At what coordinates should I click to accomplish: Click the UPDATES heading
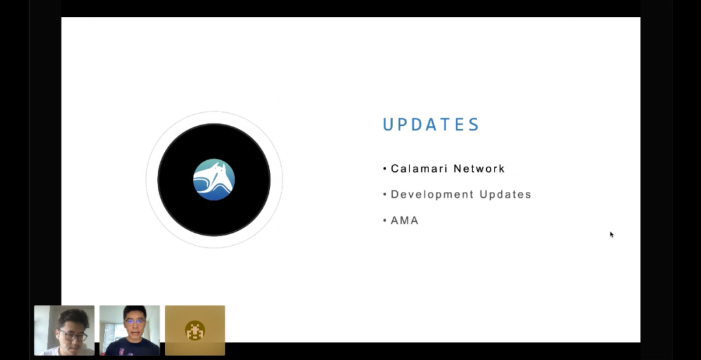click(431, 125)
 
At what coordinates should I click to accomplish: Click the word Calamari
click(419, 169)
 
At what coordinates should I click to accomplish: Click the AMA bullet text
click(404, 220)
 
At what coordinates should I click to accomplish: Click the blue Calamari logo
click(214, 180)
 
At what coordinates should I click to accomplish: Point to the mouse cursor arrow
click(611, 235)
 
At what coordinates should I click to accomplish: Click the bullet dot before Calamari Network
click(385, 169)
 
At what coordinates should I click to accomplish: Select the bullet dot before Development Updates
click(385, 195)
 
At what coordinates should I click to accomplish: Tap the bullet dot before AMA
click(385, 221)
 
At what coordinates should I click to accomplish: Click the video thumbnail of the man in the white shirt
click(64, 330)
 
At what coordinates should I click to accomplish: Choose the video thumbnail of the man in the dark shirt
click(130, 330)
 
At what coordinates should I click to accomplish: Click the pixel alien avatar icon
click(195, 331)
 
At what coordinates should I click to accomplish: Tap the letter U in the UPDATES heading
click(388, 125)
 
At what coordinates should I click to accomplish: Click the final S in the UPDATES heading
click(474, 125)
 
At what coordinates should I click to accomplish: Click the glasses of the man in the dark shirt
click(134, 322)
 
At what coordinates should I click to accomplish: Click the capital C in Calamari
click(395, 169)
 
